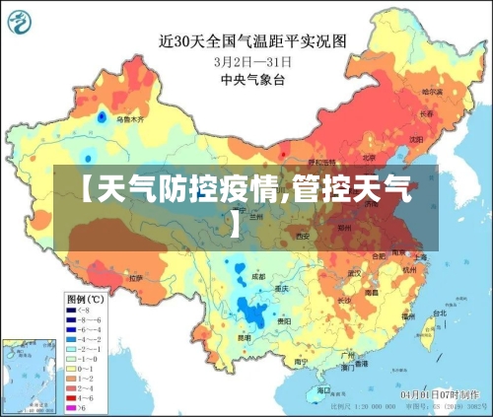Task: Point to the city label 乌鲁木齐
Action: (129, 119)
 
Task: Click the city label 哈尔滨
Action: (432, 92)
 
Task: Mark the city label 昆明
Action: (243, 338)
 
